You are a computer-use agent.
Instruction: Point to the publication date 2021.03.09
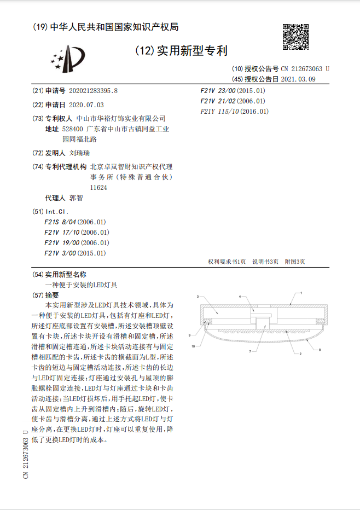(x=298, y=79)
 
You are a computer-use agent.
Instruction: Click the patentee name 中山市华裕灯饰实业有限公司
(x=120, y=118)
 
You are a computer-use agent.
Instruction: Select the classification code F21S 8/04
(x=75, y=222)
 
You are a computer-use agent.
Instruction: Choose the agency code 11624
(x=98, y=187)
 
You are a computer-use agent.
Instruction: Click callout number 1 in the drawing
(x=300, y=293)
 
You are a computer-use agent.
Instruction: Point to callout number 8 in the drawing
(x=320, y=349)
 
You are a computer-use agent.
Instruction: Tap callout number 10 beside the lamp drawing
(x=193, y=346)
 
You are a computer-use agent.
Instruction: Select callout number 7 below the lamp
(x=251, y=350)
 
